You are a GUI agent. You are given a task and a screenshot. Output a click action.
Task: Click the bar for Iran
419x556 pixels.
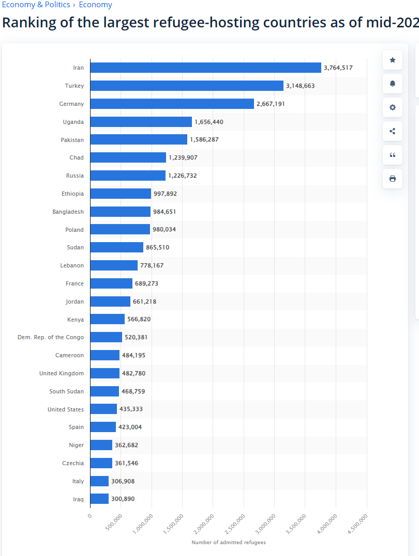click(x=205, y=68)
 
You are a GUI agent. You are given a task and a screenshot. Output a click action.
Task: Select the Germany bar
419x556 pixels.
click(x=172, y=104)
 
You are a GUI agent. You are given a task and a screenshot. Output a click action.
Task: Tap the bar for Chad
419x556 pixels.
click(x=128, y=157)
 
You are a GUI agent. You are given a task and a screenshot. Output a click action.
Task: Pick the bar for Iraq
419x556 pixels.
click(x=99, y=499)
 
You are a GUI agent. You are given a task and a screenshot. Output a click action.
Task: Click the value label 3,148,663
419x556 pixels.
click(x=300, y=86)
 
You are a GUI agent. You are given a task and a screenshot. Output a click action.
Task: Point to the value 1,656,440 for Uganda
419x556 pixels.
click(x=209, y=122)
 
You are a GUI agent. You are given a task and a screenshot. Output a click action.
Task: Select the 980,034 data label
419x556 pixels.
click(x=164, y=229)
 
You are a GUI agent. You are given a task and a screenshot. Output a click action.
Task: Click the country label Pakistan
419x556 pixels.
click(x=72, y=140)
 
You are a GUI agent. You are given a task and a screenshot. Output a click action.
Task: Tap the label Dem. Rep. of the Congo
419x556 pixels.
click(x=51, y=337)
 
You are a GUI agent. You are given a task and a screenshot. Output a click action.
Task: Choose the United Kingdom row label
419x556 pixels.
click(x=62, y=373)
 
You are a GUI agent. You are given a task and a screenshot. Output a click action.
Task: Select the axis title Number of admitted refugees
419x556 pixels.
click(x=228, y=543)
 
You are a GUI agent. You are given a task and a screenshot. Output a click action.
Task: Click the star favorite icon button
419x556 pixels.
click(x=393, y=60)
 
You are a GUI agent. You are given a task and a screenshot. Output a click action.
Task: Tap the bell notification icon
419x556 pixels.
click(x=393, y=84)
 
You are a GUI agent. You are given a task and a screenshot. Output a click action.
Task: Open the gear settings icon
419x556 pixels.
click(x=393, y=107)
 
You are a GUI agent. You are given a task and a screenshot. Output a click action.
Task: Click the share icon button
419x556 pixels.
click(x=393, y=131)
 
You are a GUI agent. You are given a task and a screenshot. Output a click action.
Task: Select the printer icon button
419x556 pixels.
click(x=393, y=179)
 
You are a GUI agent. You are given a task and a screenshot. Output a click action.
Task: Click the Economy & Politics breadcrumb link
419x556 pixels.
click(x=36, y=5)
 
